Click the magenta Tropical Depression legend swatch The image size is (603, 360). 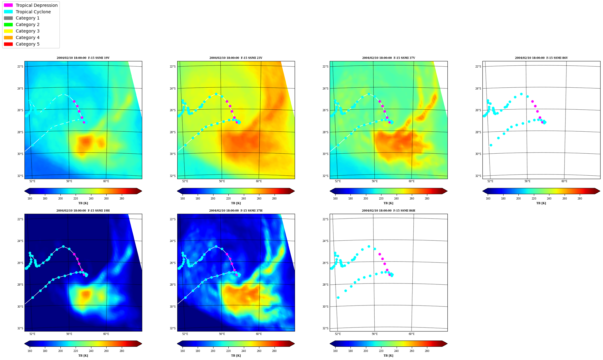(8, 5)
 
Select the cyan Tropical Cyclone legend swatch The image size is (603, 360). (8, 12)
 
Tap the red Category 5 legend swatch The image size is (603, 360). (8, 44)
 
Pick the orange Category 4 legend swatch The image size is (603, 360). (8, 37)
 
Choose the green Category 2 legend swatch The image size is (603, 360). (8, 24)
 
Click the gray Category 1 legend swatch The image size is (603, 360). (8, 18)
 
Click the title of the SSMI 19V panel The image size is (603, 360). (83, 58)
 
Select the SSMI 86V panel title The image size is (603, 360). (541, 58)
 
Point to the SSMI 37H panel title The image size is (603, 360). (236, 211)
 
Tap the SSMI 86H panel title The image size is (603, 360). (389, 211)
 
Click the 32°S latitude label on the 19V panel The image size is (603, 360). (20, 176)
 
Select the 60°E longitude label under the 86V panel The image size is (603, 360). (564, 181)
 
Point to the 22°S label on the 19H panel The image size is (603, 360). (20, 219)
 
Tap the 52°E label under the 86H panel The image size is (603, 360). (338, 334)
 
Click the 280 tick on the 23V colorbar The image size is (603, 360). (274, 199)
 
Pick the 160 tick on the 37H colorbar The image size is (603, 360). (183, 351)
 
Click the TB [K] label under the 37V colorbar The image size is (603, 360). (389, 203)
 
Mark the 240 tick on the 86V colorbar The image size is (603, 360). (549, 199)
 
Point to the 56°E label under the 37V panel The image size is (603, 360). (375, 181)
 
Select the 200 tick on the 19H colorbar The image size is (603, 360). (60, 351)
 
